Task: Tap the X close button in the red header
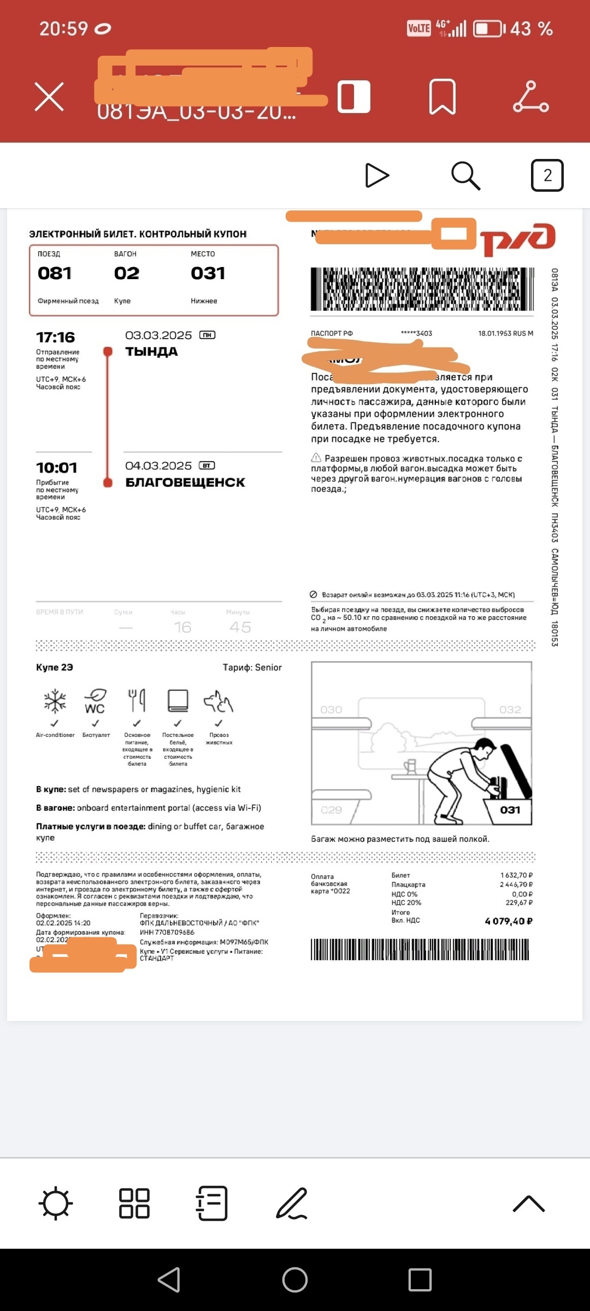point(49,97)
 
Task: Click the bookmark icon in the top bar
point(442,97)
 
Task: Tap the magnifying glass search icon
point(465,175)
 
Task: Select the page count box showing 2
point(547,175)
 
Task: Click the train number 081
point(55,273)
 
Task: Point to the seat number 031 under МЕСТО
point(208,273)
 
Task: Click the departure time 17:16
point(56,337)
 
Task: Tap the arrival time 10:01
point(57,468)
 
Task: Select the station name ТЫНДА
point(152,352)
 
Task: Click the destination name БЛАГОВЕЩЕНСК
point(185,482)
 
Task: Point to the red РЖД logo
point(518,239)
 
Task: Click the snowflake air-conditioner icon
point(55,701)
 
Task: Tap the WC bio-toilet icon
point(95,701)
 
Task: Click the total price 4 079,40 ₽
point(509,921)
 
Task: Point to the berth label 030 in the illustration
point(331,710)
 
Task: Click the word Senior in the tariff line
point(268,668)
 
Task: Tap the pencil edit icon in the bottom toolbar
point(292,1203)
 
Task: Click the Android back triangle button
point(169,1279)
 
